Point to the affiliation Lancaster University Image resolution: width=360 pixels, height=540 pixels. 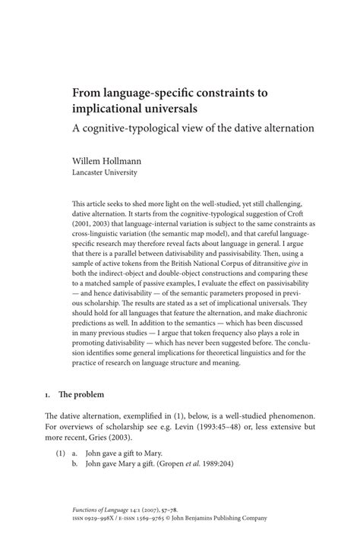tap(104, 172)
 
